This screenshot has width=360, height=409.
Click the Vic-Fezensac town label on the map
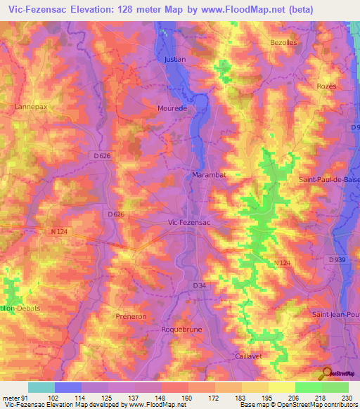[x=190, y=221]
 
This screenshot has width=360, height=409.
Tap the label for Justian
[x=175, y=60]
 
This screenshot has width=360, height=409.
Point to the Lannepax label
[x=30, y=107]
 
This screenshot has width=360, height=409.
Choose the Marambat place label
[x=208, y=174]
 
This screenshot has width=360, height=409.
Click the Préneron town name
[x=131, y=317]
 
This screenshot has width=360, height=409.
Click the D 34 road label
[x=199, y=285]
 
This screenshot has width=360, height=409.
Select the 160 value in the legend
[x=186, y=397]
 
